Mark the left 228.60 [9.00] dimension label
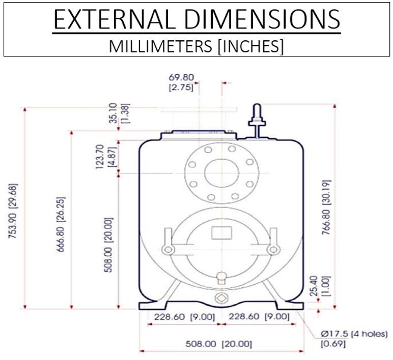(180, 317)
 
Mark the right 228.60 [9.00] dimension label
(260, 317)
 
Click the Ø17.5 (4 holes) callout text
(354, 334)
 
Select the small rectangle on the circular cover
(220, 233)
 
